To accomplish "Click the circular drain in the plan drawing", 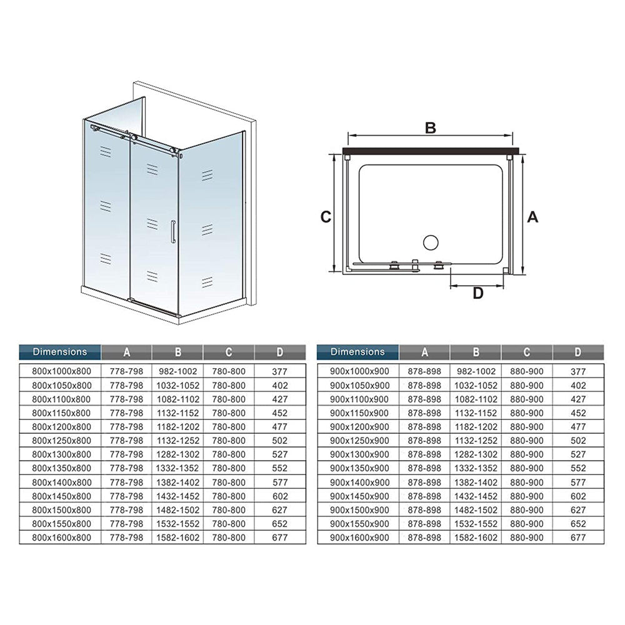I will (431, 242).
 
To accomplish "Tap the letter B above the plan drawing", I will (430, 128).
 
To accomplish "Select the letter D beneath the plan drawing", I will (477, 294).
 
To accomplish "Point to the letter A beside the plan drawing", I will (532, 217).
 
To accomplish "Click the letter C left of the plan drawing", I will (326, 217).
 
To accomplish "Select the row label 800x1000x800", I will (61, 371).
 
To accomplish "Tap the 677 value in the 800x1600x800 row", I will (280, 537).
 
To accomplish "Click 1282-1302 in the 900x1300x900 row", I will (476, 454).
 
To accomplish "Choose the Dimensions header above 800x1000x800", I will (60, 352).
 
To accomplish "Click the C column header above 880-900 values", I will (526, 352).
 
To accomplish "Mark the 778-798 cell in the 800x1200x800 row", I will (127, 426).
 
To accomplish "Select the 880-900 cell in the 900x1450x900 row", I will (526, 496).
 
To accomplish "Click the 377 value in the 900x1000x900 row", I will (578, 371).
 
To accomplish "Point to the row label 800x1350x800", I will (61, 468).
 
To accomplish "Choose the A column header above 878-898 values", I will (424, 352).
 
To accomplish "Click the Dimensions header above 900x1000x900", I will (358, 352).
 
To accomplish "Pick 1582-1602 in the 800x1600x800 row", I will (177, 537).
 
